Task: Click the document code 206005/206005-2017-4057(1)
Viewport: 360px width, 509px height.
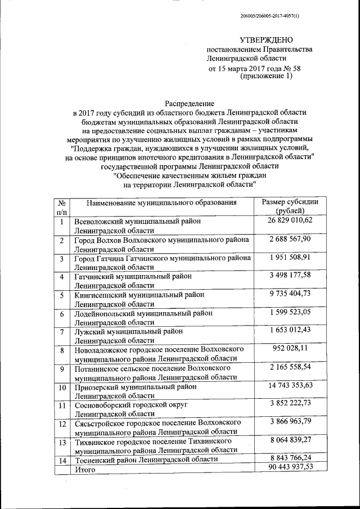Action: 269,16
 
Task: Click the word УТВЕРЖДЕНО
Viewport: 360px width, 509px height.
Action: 267,40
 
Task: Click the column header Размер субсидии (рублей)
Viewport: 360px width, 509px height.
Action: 291,206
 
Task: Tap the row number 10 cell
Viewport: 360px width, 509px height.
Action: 62,388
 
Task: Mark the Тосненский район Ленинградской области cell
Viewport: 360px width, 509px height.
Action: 146,459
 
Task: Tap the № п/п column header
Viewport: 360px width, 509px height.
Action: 62,206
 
